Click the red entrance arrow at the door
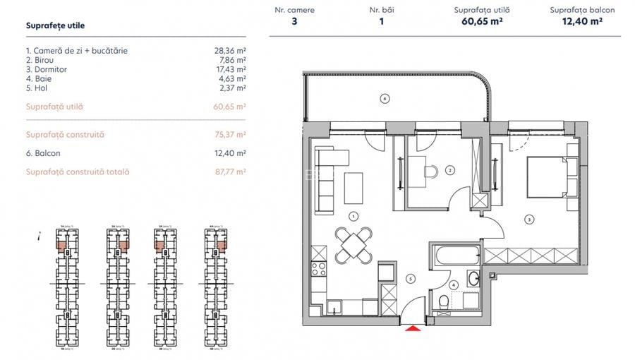pyautogui.click(x=410, y=325)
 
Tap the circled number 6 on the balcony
pyautogui.click(x=384, y=98)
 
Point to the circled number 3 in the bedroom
pyautogui.click(x=528, y=219)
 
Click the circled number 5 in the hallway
pyautogui.click(x=410, y=278)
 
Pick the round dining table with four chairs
pyautogui.click(x=352, y=245)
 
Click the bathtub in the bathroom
pyautogui.click(x=454, y=256)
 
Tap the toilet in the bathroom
pyautogui.click(x=443, y=303)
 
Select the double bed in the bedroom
pyautogui.click(x=547, y=176)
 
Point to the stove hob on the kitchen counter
pyautogui.click(x=318, y=269)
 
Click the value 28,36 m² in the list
pyautogui.click(x=229, y=51)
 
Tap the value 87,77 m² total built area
pyautogui.click(x=229, y=172)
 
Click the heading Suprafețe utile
pyautogui.click(x=55, y=25)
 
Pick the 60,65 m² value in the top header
pyautogui.click(x=483, y=22)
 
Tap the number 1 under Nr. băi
pyautogui.click(x=382, y=22)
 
